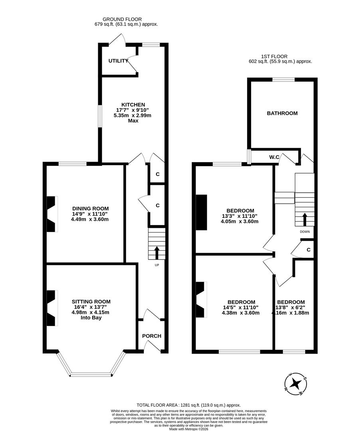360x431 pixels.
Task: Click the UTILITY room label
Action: click(118, 61)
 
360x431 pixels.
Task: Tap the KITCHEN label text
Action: click(133, 105)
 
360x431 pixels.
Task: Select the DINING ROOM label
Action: click(90, 208)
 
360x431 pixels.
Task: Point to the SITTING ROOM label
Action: click(91, 302)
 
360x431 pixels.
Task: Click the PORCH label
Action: click(152, 336)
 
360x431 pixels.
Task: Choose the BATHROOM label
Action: click(282, 113)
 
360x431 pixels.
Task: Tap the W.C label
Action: click(274, 158)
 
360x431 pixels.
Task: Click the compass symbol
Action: click(296, 384)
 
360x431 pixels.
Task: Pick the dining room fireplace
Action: click(52, 214)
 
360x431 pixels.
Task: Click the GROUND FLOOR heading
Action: click(122, 19)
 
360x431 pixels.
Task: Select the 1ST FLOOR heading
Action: click(274, 57)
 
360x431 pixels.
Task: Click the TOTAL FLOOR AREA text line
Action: click(189, 405)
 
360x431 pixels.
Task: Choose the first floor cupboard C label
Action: click(309, 250)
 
